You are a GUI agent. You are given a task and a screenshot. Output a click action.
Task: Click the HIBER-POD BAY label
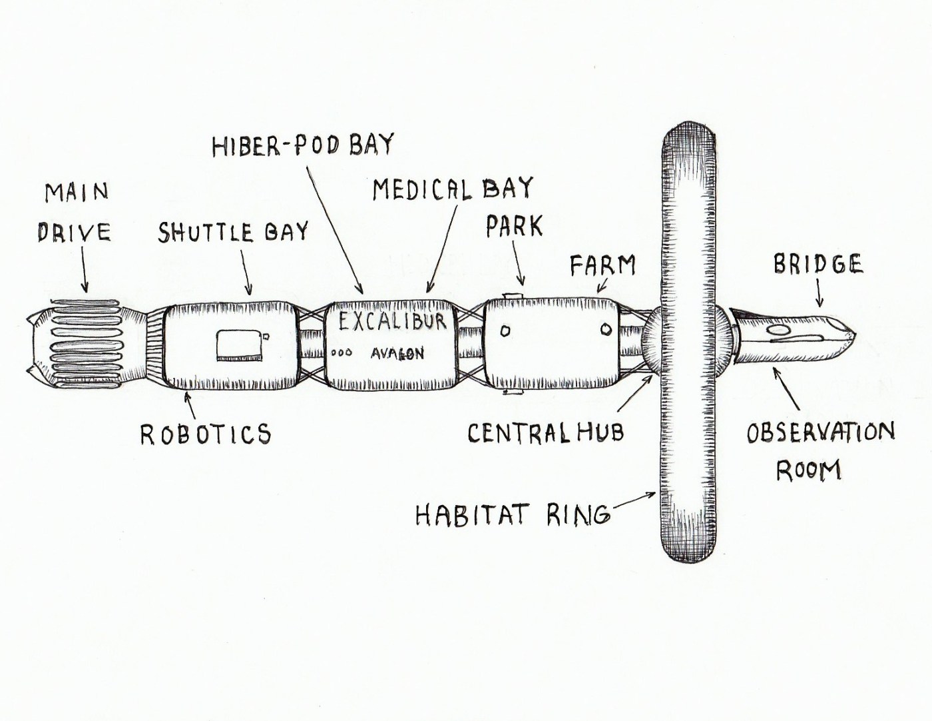(x=303, y=145)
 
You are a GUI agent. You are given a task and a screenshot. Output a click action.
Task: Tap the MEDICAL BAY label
(x=453, y=189)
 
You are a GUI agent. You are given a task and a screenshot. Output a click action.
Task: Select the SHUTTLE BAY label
(x=233, y=232)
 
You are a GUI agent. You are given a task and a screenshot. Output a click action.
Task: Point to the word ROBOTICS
(x=206, y=434)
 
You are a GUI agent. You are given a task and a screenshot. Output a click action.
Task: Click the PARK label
(x=514, y=227)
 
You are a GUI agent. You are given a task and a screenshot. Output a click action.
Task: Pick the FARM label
(x=602, y=266)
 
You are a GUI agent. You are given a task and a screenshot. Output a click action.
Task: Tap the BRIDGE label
(x=817, y=264)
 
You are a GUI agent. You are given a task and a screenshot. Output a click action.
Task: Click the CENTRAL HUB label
(x=545, y=433)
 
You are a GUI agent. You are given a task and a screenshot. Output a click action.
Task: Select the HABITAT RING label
(x=512, y=514)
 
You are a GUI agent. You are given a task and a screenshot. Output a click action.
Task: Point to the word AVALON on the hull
(x=397, y=353)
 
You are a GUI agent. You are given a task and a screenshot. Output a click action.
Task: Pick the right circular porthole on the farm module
(x=606, y=329)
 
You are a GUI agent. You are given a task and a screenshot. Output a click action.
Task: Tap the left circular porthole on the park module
(x=505, y=331)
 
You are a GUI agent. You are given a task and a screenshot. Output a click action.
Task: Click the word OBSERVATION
(x=820, y=432)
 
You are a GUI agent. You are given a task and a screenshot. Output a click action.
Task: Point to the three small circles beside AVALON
(x=342, y=353)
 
